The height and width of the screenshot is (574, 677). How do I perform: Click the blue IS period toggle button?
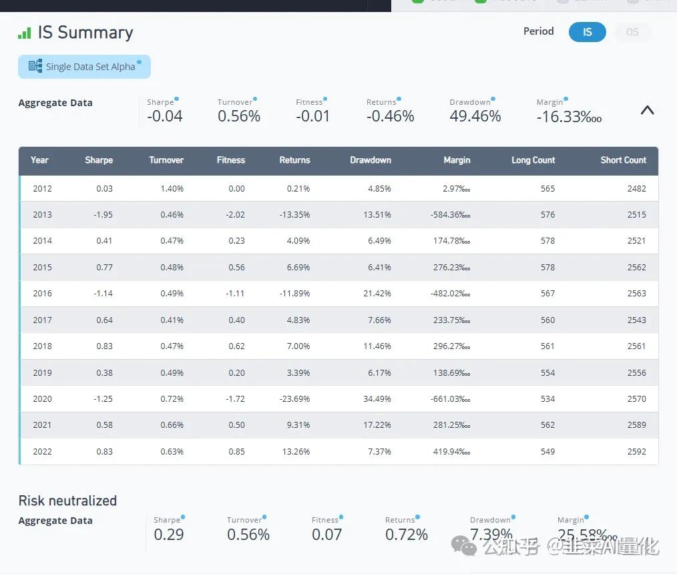(x=587, y=32)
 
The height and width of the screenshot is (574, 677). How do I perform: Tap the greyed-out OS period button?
(x=632, y=32)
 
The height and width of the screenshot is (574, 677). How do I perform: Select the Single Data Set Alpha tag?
(x=84, y=67)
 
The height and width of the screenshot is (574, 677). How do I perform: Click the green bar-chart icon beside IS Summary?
(x=25, y=33)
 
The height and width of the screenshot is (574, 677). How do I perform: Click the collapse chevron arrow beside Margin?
(x=647, y=111)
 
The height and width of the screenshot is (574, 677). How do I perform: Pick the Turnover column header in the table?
(x=166, y=160)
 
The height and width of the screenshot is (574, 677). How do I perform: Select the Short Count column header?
(x=623, y=160)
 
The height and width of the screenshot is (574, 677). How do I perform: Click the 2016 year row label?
(x=42, y=294)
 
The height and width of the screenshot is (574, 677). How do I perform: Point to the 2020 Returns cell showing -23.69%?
(x=294, y=399)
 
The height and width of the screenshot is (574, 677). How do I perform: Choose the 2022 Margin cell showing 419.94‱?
(x=452, y=452)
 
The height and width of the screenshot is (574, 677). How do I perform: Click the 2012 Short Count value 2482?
(x=636, y=189)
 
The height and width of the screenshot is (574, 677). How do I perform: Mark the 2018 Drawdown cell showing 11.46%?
(x=377, y=346)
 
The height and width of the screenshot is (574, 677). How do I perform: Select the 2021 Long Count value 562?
(x=547, y=425)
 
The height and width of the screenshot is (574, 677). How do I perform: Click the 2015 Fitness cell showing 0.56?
(x=236, y=268)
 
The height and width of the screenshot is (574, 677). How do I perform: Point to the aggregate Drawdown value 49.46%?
(x=475, y=116)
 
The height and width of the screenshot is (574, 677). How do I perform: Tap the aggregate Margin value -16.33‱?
(x=569, y=116)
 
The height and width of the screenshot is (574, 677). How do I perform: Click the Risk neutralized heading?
(x=67, y=501)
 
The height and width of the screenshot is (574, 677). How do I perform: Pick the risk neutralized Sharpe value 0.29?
(x=169, y=535)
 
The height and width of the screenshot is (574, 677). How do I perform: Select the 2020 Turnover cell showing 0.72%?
(x=172, y=399)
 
